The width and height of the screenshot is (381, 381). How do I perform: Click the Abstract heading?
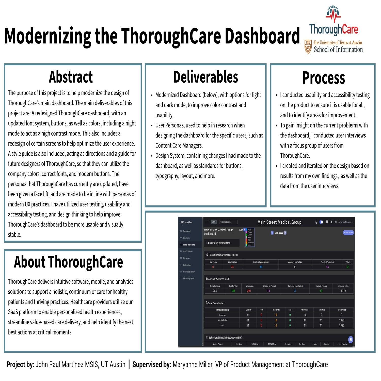tap(71, 77)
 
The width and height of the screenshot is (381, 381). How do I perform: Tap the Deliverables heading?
tap(205, 77)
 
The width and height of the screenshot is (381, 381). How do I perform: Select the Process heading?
tap(323, 78)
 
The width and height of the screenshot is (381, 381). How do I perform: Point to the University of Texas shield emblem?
tap(308, 46)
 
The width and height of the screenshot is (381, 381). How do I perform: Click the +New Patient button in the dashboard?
tap(348, 233)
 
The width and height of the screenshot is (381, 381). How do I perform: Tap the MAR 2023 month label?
tap(279, 233)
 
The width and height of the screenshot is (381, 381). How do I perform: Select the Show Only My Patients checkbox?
tap(207, 243)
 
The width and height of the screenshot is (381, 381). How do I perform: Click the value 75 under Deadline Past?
tap(232, 267)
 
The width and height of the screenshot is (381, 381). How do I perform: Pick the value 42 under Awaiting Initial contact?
tap(261, 267)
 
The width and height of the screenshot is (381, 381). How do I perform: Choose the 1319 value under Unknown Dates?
tap(343, 291)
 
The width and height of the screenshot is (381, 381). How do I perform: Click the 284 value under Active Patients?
tap(215, 291)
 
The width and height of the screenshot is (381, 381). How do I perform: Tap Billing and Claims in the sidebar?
tap(189, 245)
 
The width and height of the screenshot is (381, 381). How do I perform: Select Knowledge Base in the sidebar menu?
tap(189, 279)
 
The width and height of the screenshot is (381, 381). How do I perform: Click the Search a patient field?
tap(228, 222)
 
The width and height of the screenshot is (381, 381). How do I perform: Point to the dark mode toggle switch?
tap(321, 222)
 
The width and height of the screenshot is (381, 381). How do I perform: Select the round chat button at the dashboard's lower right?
tap(351, 339)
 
